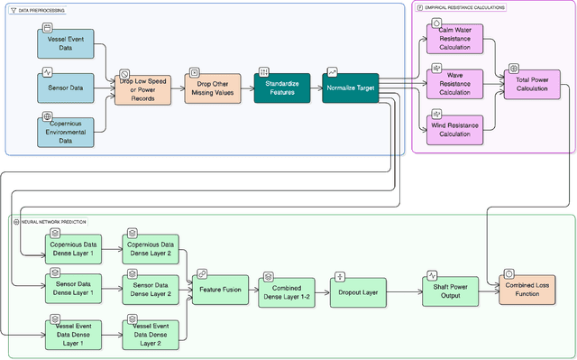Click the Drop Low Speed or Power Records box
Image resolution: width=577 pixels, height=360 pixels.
coord(142,88)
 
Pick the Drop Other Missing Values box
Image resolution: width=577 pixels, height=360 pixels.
coord(214,88)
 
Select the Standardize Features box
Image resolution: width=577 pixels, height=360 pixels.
coord(282,88)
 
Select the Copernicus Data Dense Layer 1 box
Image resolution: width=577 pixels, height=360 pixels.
coord(73,248)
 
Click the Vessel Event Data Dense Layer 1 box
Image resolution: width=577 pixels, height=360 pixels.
coord(73,333)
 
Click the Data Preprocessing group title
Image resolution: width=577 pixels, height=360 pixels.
coord(44,10)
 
